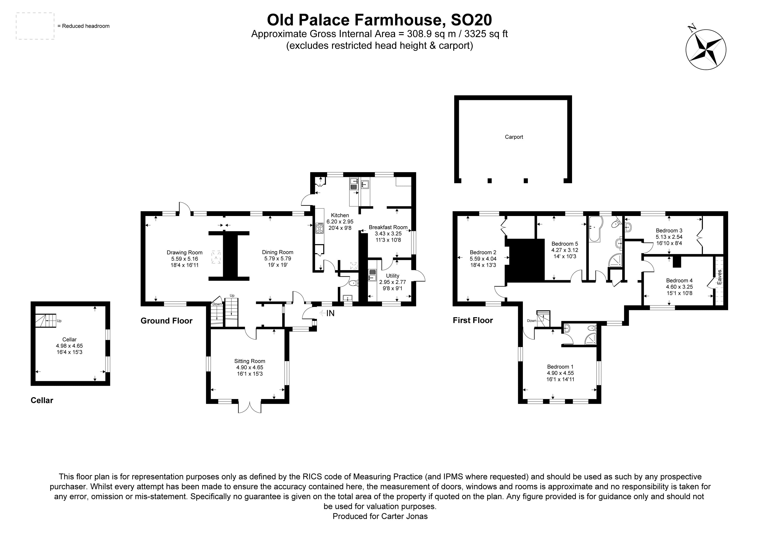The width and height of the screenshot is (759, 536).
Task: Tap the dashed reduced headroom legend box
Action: pyautogui.click(x=35, y=26)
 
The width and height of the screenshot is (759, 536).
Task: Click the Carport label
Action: pyautogui.click(x=514, y=137)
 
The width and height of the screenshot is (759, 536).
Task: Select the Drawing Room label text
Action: pyautogui.click(x=184, y=253)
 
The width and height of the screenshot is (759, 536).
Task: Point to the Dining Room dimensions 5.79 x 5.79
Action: pyautogui.click(x=277, y=259)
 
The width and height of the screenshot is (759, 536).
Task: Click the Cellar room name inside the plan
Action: pyautogui.click(x=69, y=339)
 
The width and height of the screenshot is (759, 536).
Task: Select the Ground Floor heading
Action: pyautogui.click(x=166, y=321)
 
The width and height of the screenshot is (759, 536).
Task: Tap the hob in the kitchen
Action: pyautogui.click(x=320, y=228)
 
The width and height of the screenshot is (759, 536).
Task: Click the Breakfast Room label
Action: pyautogui.click(x=388, y=227)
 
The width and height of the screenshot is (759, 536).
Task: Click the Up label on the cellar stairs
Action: pyautogui.click(x=59, y=321)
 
